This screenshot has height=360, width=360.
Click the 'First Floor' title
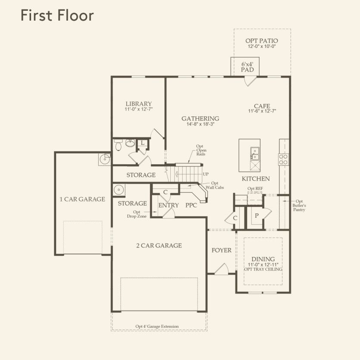(57, 16)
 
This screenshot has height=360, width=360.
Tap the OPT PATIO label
(262, 41)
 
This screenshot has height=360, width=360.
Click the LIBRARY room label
(138, 104)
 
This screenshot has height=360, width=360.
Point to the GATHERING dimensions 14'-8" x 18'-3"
(200, 124)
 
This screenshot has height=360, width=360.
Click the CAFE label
(262, 106)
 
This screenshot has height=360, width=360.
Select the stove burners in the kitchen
(284, 160)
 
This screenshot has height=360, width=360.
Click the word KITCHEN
(256, 178)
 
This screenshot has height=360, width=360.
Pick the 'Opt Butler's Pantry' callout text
(299, 206)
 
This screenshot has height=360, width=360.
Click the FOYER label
(221, 250)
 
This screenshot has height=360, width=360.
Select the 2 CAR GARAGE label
(159, 246)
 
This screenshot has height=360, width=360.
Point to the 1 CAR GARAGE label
(82, 199)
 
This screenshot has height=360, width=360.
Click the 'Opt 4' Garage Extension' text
(157, 326)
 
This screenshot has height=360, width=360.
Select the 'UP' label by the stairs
(206, 174)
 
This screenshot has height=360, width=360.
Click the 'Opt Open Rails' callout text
(200, 150)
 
